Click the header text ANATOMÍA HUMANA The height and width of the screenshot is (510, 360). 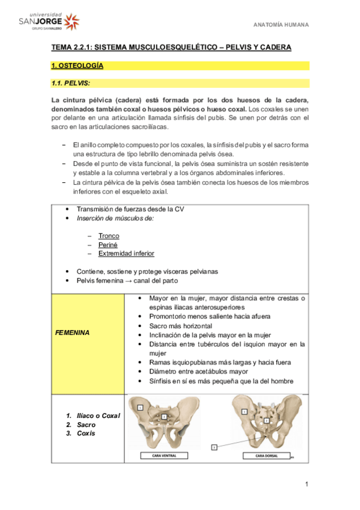tap(279, 25)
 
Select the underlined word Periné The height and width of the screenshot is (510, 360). tap(108, 245)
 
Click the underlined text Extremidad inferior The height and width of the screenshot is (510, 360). tap(126, 254)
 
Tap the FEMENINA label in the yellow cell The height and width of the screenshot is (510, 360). tap(73, 332)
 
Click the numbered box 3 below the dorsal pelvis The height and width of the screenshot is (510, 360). tap(214, 447)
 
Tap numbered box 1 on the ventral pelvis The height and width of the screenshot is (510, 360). tap(140, 407)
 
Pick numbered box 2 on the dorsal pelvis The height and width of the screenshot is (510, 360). tap(266, 420)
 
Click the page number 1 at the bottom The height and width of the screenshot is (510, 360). tap(307, 484)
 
